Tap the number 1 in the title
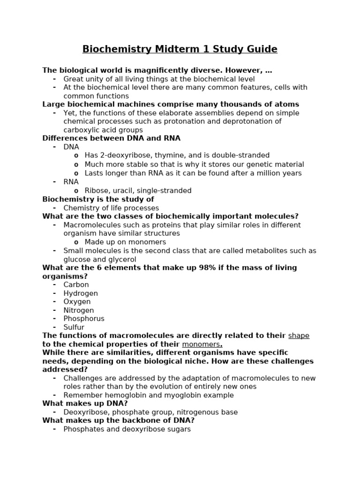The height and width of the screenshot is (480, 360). (206, 49)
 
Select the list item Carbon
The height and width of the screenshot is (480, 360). (76, 285)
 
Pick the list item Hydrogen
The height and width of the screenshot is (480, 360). (81, 293)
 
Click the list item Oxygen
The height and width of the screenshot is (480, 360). (77, 302)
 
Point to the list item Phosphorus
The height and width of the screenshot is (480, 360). (84, 319)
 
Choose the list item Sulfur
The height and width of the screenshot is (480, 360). (74, 327)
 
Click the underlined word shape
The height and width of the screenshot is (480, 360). (299, 336)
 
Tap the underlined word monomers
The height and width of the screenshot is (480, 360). (201, 345)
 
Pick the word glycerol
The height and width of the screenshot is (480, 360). (122, 259)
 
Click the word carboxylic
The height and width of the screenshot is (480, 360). (82, 130)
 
